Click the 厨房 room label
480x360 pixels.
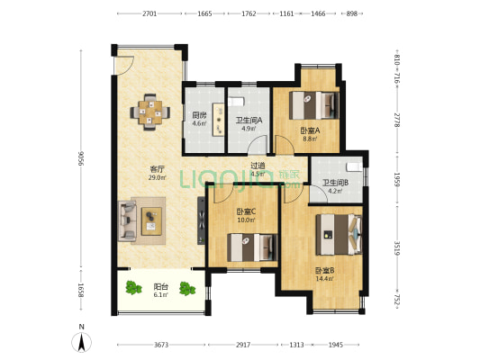199,114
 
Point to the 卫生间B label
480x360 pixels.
335,183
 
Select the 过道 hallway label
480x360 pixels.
258,166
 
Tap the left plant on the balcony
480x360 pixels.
134,289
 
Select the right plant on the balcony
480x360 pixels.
187,289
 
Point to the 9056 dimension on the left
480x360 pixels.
80,159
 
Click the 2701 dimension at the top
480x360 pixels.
149,14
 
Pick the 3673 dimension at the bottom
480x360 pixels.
161,345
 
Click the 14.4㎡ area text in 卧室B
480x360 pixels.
324,279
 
